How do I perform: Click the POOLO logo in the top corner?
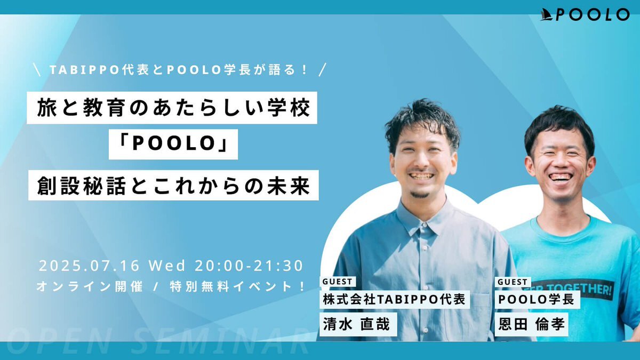coord(585,14)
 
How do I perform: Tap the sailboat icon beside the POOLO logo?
coord(547,14)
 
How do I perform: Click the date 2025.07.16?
coord(89,266)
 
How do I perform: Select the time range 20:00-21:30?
coord(249,266)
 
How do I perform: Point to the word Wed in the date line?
coord(167,266)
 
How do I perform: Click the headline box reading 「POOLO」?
coord(173,144)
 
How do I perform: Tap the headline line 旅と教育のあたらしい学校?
coord(172,108)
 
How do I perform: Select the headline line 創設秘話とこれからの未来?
coord(173,185)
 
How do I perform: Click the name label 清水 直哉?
coord(358,324)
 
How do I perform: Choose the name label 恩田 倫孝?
coord(531,324)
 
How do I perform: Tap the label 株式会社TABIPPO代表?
coord(395,299)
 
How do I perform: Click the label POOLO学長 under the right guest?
coord(537,299)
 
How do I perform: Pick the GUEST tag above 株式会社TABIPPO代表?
coord(338,282)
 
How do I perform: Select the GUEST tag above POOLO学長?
coord(513,282)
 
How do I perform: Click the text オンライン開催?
coord(90,286)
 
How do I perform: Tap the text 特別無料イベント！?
coord(238,286)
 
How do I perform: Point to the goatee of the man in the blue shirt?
coord(419,195)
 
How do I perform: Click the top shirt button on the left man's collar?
coord(425,225)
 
